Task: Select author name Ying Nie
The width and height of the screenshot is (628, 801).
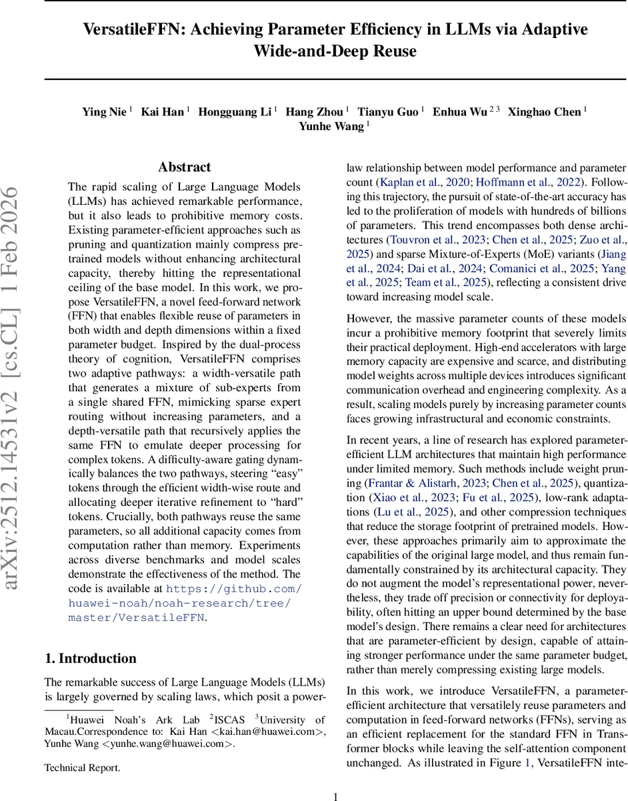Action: (104, 112)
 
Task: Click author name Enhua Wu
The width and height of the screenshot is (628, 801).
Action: (460, 112)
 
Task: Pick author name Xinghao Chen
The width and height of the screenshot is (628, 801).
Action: (545, 112)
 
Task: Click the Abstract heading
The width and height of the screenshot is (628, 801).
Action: (184, 167)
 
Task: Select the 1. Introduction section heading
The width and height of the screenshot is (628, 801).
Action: (90, 658)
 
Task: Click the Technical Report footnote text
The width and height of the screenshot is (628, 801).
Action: (82, 768)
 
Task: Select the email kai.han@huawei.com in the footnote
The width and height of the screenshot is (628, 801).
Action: (266, 732)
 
